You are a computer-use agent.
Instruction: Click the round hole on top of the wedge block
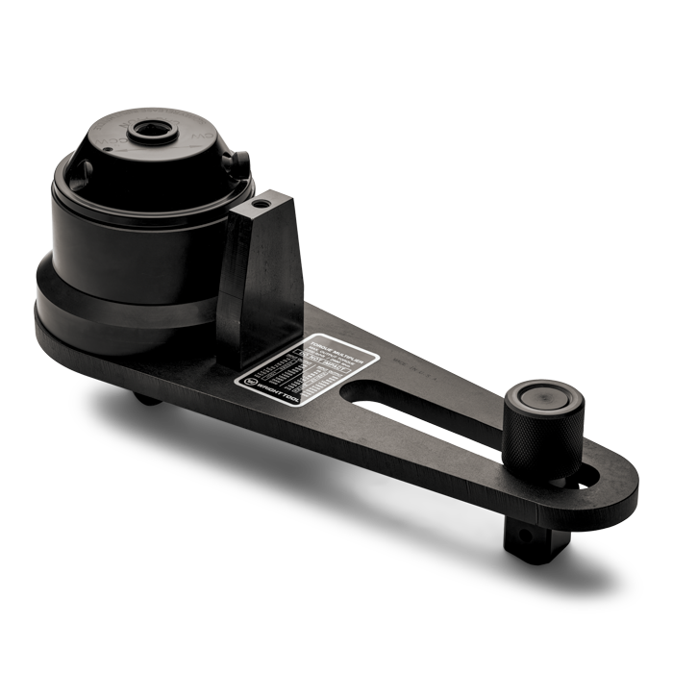point(257,207)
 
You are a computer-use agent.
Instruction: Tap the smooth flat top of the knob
point(545,396)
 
